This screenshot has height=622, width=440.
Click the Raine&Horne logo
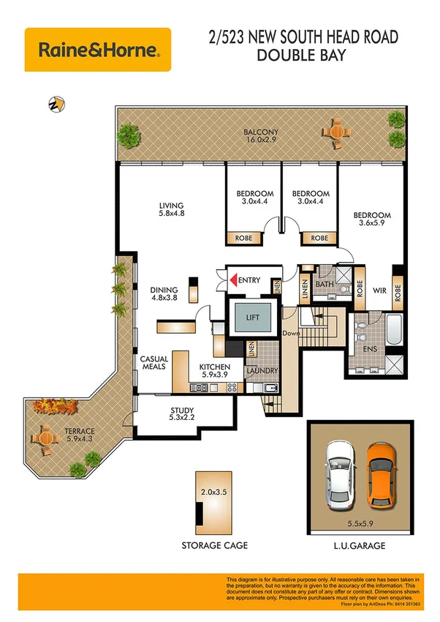98,50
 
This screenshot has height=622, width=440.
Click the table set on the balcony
335,132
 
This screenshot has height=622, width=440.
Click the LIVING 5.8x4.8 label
172,210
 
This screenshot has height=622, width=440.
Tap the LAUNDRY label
262,370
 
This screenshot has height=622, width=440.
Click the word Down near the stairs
292,333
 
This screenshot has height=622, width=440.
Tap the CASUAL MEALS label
154,364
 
